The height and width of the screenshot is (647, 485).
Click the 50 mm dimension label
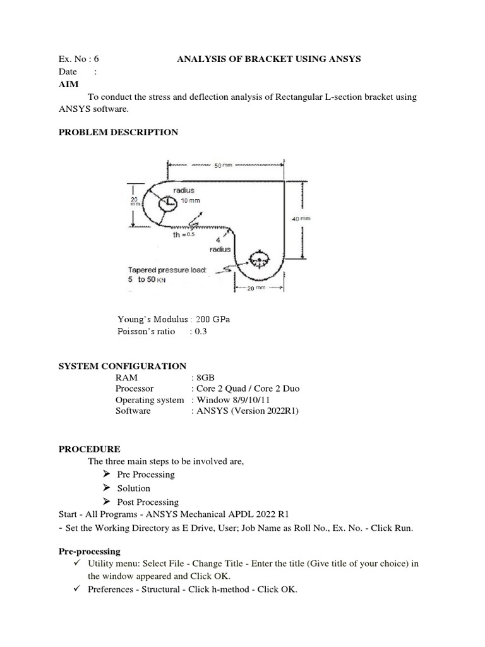[x=224, y=165]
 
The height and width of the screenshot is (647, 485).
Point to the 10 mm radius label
[x=191, y=200]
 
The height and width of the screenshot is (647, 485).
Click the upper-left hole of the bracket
[x=169, y=203]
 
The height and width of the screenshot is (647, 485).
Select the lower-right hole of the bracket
[x=258, y=259]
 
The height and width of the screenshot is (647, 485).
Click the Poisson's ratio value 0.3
[x=201, y=332]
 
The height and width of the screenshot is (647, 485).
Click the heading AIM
[x=68, y=84]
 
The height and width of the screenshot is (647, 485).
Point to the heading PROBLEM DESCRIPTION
[x=118, y=132]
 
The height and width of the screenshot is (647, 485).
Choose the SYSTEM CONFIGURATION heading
[x=123, y=366]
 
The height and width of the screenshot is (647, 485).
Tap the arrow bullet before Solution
[x=105, y=488]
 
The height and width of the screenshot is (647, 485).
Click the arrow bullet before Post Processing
[x=105, y=502]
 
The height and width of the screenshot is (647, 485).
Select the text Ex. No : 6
[x=79, y=59]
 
